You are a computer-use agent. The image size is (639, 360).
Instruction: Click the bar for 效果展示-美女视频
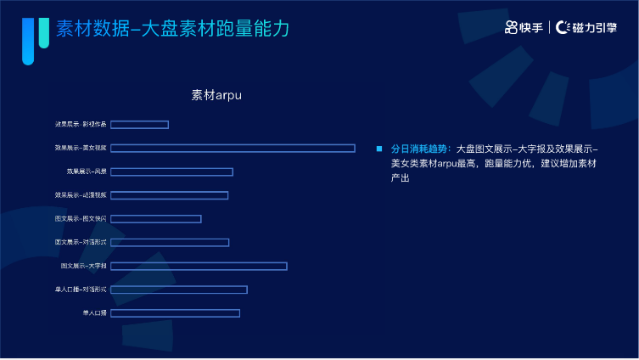coord(233,149)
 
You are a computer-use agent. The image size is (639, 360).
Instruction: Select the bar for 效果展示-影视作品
coord(139,125)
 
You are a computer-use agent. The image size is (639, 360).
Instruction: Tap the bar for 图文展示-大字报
coord(199,266)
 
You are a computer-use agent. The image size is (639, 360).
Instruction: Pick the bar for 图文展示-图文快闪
coord(155,219)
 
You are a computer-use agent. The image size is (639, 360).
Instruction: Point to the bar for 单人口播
coord(175,313)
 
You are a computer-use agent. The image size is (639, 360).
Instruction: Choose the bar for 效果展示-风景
coord(171,172)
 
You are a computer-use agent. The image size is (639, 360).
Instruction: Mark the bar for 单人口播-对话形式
coord(178,290)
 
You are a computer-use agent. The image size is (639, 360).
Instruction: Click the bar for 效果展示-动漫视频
coord(169,195)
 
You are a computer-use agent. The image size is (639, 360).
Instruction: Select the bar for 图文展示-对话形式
coord(170,243)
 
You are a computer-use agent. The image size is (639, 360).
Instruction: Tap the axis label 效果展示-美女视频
coord(81,149)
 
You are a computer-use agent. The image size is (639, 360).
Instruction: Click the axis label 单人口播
coord(94,313)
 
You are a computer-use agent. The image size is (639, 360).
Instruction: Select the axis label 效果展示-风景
coord(87,172)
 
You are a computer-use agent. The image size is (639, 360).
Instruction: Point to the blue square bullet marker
coord(379,149)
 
